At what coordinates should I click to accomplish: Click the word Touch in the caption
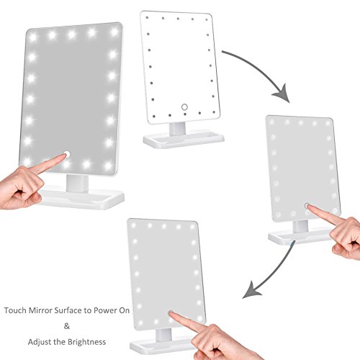[16, 310]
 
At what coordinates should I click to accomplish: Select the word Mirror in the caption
[41, 310]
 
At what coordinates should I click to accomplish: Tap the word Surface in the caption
[68, 310]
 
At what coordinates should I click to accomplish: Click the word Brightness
[86, 342]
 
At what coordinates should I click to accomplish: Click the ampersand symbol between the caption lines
[67, 326]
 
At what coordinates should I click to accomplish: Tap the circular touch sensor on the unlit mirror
[184, 107]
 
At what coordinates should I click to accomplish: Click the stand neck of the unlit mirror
[177, 130]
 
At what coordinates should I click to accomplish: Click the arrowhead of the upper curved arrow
[282, 94]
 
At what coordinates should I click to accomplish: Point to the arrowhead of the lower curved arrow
[251, 291]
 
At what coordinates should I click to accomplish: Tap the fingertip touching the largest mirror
[64, 156]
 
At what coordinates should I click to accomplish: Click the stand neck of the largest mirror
[77, 184]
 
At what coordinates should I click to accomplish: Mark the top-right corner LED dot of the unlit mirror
[206, 19]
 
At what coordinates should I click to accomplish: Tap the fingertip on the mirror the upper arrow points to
[309, 207]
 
